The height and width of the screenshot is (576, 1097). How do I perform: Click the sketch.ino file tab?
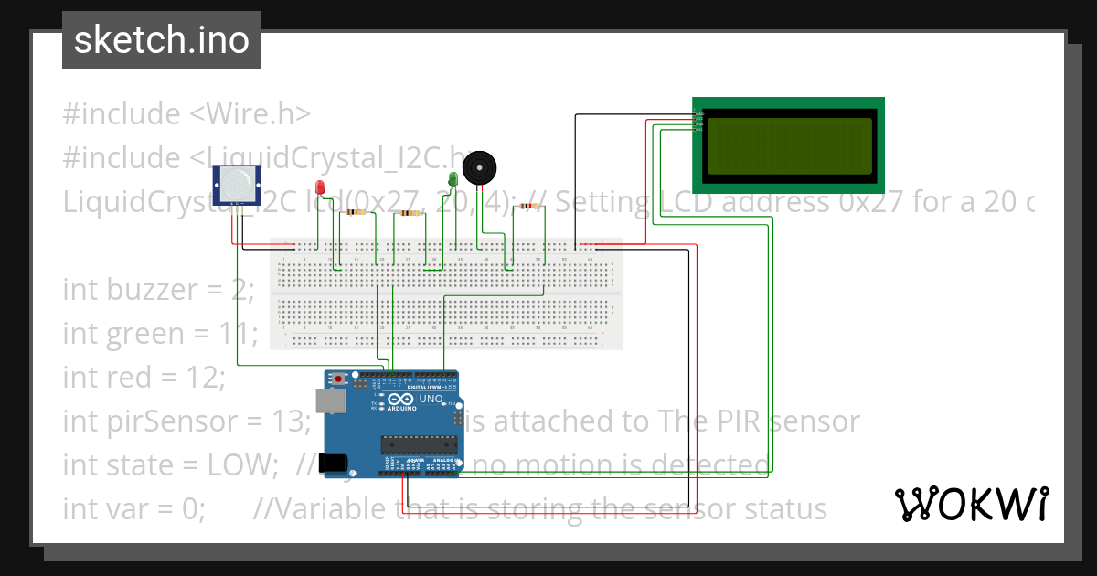point(162,40)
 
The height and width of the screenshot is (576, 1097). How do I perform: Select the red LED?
point(320,187)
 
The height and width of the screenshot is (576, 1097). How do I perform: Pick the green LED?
point(453,178)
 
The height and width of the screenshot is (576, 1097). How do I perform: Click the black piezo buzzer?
point(479,168)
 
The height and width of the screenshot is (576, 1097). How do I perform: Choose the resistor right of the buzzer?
point(527,207)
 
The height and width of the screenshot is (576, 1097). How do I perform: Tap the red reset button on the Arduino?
point(340,378)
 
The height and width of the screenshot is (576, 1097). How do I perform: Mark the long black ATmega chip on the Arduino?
point(419,445)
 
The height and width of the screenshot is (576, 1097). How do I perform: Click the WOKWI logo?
point(972,504)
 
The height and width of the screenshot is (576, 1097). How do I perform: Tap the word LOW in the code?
point(245,465)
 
